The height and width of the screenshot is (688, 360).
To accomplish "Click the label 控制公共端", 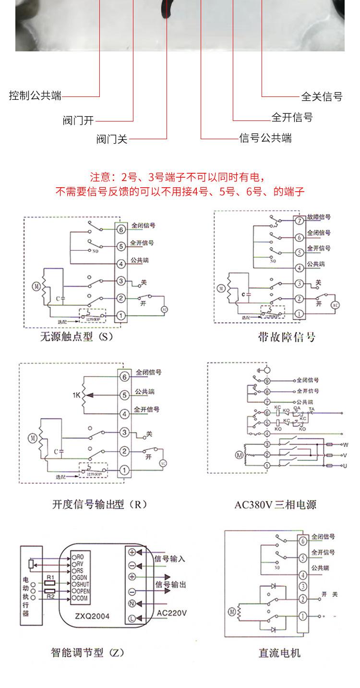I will (x=36, y=96).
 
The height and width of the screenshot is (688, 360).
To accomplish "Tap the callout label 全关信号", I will (x=322, y=97).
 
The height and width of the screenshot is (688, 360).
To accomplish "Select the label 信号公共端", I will (x=265, y=138).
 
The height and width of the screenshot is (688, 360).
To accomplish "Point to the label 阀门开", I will (x=78, y=121).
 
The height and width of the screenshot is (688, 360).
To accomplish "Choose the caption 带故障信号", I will (x=287, y=337).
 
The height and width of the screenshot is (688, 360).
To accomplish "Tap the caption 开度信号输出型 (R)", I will (x=99, y=504).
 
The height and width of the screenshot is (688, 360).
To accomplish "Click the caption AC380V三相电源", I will (x=276, y=505).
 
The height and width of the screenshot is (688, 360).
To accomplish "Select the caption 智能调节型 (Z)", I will (x=88, y=652).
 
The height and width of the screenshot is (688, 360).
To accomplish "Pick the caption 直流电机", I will (x=279, y=652).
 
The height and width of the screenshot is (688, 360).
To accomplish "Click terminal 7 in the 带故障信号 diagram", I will (x=299, y=221).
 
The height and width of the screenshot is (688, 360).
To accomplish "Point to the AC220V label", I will (x=171, y=613).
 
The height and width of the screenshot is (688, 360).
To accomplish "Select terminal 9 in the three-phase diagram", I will (x=267, y=382).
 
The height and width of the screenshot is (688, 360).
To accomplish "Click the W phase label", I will (x=345, y=444).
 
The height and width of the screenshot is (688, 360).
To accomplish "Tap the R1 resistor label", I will (x=50, y=576).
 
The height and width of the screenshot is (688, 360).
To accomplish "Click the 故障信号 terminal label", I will (x=319, y=217).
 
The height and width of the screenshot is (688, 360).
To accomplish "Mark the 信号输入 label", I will (x=170, y=559).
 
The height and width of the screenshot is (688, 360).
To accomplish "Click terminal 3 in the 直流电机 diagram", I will (x=303, y=586).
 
